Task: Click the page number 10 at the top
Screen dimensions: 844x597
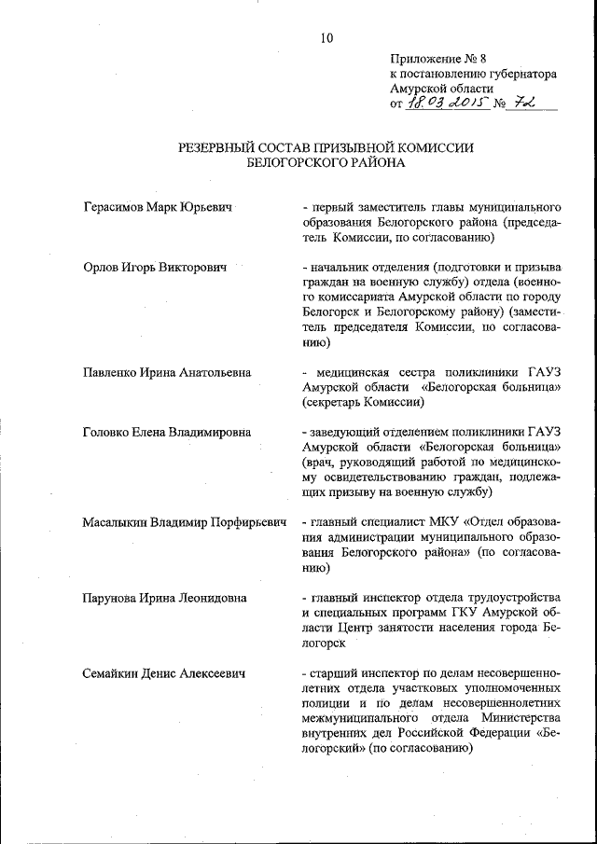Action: click(x=325, y=38)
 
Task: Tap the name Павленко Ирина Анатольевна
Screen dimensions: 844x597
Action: click(x=167, y=373)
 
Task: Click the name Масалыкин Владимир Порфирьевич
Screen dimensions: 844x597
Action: click(x=183, y=522)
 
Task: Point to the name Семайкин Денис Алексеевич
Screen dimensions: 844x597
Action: click(x=163, y=672)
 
